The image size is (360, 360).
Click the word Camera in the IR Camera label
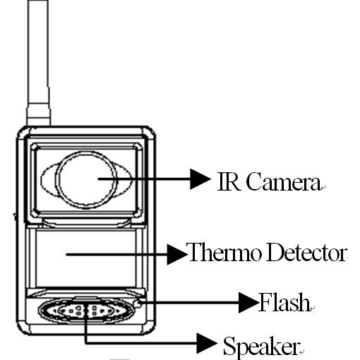click(x=283, y=181)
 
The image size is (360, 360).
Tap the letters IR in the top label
click(x=229, y=181)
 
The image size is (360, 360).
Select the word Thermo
click(x=224, y=252)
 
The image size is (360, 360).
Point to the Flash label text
click(x=284, y=302)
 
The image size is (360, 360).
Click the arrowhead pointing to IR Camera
click(x=200, y=179)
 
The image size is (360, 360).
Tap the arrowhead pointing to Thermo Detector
click(x=177, y=254)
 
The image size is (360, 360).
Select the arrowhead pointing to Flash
click(x=248, y=303)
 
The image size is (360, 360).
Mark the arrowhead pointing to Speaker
click(x=207, y=343)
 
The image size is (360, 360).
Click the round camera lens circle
click(x=86, y=152)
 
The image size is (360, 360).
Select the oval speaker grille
click(x=86, y=311)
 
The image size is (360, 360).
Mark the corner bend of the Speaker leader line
click(x=86, y=343)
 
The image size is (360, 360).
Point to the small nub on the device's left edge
click(x=15, y=217)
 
